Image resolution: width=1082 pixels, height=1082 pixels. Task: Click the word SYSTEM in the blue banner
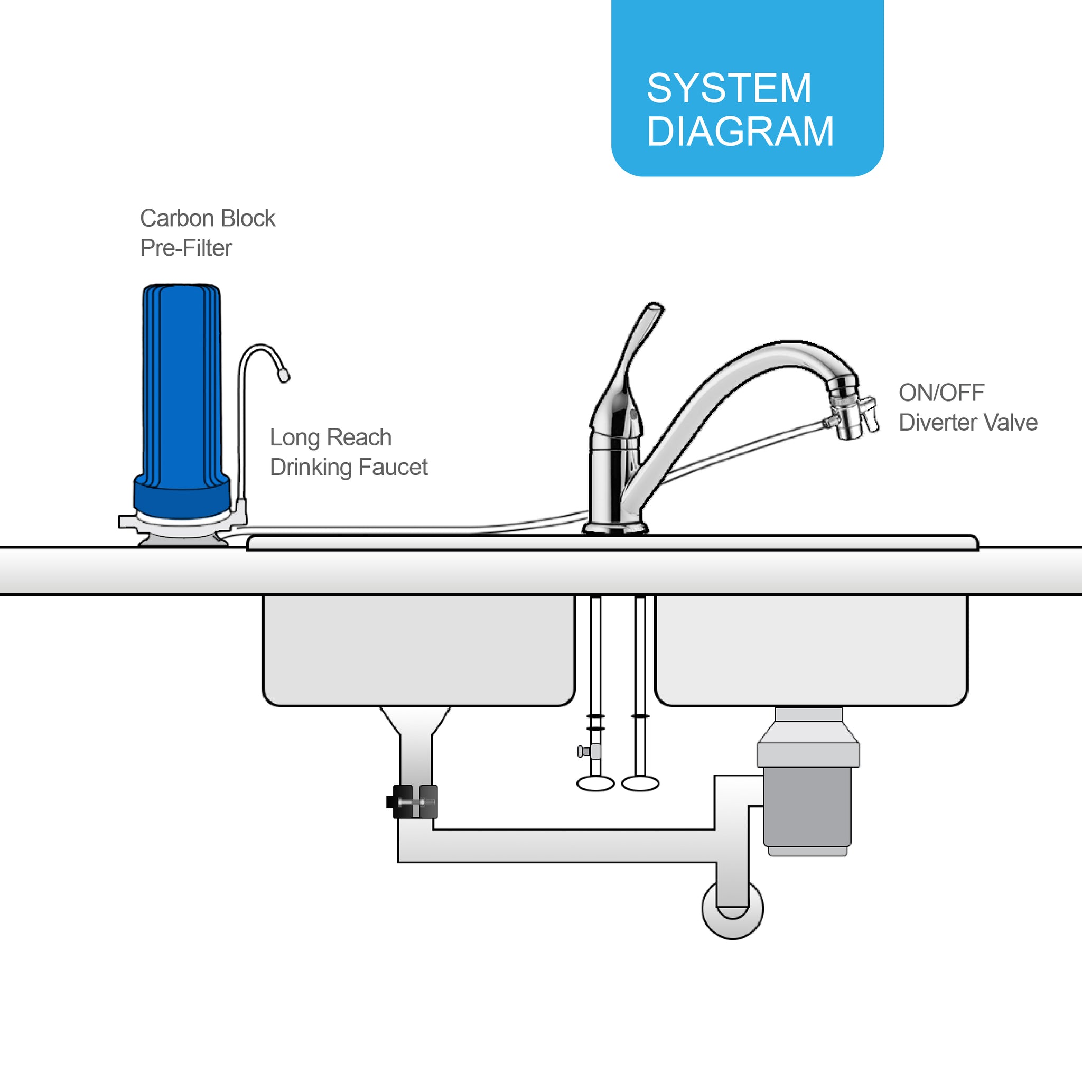(729, 88)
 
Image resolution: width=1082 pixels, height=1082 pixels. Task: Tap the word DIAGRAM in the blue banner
(740, 132)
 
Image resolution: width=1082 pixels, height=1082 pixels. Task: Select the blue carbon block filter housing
(181, 400)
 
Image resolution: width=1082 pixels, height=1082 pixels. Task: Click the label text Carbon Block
(207, 218)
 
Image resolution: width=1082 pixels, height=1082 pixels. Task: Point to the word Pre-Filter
(186, 248)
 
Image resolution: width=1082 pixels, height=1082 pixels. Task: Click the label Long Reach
(330, 437)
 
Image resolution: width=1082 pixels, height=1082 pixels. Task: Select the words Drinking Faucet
(348, 467)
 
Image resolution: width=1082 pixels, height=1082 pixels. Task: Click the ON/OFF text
(941, 393)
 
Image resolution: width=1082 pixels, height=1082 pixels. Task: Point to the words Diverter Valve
(968, 422)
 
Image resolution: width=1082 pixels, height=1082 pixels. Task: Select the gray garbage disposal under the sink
(808, 782)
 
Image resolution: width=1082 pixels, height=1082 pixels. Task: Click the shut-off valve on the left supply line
(589, 751)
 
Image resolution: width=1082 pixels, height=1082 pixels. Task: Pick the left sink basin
(418, 650)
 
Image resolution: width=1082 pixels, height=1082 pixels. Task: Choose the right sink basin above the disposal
(811, 650)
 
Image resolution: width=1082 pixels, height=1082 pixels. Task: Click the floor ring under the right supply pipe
(640, 783)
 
